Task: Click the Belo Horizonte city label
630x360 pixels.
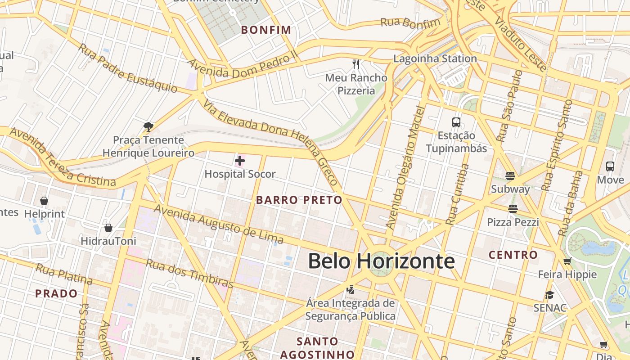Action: [x=381, y=261]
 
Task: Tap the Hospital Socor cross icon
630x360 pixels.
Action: [x=240, y=160]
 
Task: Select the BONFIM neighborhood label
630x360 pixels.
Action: [x=266, y=30]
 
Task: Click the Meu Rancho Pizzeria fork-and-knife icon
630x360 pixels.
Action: [x=356, y=64]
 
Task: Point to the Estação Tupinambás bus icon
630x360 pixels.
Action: [x=456, y=122]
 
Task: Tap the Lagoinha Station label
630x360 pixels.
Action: [x=435, y=58]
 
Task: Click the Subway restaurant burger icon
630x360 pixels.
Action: [x=510, y=175]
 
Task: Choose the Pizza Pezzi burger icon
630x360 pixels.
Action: [x=513, y=208]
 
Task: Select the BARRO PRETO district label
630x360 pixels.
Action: [x=299, y=200]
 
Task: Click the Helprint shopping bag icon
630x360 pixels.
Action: [x=44, y=200]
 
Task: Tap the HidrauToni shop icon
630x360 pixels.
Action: [x=108, y=228]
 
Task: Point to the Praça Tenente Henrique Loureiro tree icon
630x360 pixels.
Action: [x=148, y=127]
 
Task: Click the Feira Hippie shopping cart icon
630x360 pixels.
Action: [x=567, y=261]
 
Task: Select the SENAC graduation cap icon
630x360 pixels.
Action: [x=549, y=295]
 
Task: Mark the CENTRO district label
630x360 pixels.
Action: [x=513, y=255]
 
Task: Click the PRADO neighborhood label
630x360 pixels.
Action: [x=56, y=294]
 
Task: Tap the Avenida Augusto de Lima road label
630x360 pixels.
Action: [x=219, y=224]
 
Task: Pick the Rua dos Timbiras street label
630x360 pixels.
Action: [x=189, y=274]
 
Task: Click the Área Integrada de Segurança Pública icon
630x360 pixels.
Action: [x=351, y=289]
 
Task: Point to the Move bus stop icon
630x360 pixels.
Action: [x=610, y=166]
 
